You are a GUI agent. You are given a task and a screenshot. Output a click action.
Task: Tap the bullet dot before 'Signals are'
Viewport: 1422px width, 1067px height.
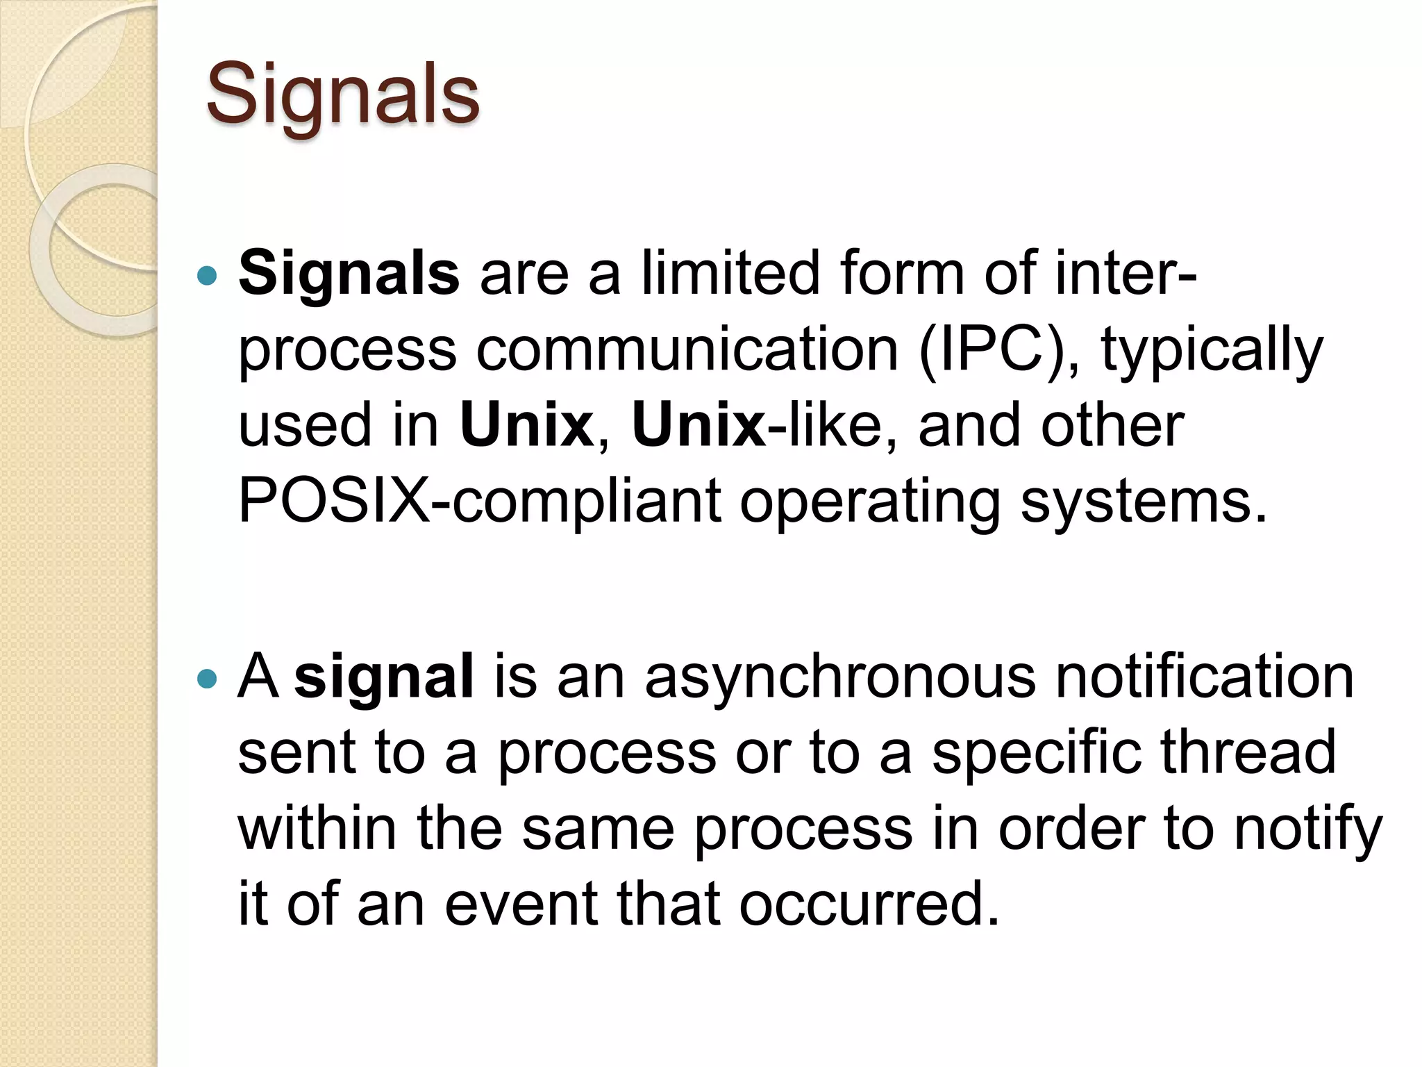click(208, 276)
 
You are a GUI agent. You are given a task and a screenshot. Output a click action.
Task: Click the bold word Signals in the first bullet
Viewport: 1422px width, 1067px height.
click(349, 273)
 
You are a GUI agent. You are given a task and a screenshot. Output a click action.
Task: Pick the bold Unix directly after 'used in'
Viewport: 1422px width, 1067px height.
click(526, 425)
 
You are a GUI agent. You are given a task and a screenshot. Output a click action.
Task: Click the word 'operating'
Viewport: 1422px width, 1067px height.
click(870, 502)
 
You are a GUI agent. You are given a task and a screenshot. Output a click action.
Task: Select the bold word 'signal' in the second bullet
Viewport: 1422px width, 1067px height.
click(384, 677)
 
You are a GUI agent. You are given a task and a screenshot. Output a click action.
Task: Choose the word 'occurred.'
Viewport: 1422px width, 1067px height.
click(869, 904)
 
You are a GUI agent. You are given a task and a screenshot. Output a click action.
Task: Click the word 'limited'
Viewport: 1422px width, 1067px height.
click(731, 273)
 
